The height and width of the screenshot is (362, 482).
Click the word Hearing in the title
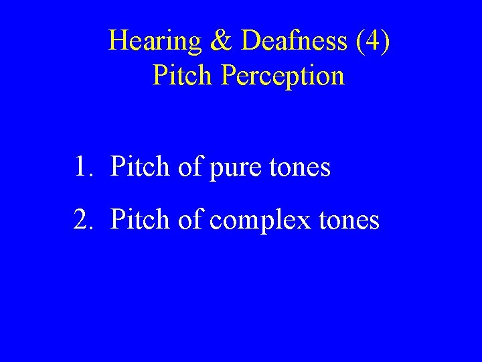coord(155,42)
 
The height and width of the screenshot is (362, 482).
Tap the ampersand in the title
coord(221,42)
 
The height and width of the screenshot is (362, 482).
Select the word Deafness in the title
coord(294,42)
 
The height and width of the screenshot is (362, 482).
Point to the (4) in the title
coord(374,42)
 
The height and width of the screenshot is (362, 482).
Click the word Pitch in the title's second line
coord(182,76)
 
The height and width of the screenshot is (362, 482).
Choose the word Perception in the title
coord(282,76)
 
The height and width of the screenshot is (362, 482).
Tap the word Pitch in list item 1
coord(140,167)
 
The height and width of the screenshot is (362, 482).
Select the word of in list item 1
coord(190,167)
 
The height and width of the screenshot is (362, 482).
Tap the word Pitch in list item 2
coord(140,219)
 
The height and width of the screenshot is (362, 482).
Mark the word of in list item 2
coord(190,219)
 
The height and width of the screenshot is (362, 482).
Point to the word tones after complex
coord(349,220)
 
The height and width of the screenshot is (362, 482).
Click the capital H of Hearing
coord(118,42)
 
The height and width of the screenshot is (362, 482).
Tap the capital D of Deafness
coord(250,42)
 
